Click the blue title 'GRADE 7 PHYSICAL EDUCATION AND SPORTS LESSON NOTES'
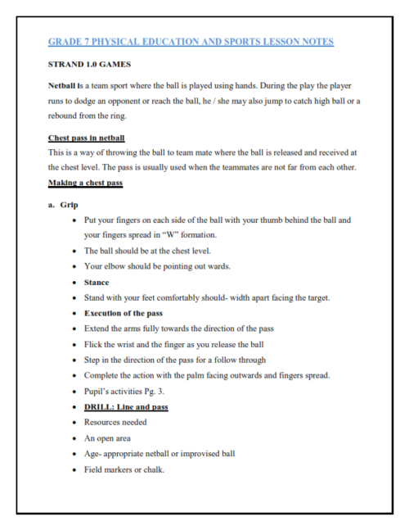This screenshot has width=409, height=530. coord(191,42)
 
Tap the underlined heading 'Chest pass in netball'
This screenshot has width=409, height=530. coord(86,138)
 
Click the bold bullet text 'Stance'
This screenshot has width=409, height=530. coord(97,282)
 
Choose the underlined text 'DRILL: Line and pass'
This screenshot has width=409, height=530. coord(126,407)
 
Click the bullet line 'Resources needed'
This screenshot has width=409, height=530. coord(115,423)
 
